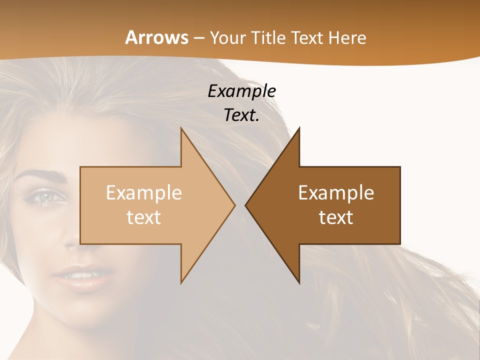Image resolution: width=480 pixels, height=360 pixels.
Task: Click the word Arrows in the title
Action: click(x=156, y=37)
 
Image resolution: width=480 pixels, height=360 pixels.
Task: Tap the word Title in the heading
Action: click(x=267, y=37)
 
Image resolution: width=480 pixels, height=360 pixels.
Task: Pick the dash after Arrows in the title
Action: click(x=198, y=38)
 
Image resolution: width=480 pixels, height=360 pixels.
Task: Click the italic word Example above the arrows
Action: click(x=241, y=91)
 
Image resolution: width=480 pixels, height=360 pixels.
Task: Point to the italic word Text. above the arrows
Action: click(x=241, y=115)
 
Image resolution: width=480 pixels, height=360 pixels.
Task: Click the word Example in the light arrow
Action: click(x=143, y=193)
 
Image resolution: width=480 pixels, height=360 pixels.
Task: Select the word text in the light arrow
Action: click(x=143, y=217)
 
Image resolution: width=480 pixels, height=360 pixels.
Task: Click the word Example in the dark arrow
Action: click(x=336, y=193)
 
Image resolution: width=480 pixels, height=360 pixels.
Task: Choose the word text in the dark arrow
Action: click(x=336, y=217)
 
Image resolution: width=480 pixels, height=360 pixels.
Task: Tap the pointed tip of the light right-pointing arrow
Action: click(x=234, y=205)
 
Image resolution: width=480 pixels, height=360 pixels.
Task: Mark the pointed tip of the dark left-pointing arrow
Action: click(x=245, y=205)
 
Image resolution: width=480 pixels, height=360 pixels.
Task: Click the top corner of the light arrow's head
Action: click(x=181, y=128)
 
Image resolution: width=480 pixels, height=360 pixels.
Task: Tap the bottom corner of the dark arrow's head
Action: click(x=299, y=283)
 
